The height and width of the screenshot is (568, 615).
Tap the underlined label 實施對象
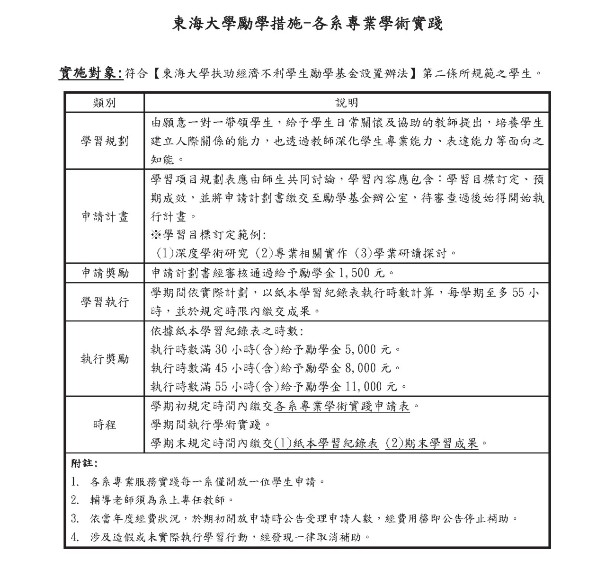pyautogui.click(x=90, y=74)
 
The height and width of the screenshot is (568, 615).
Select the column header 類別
pyautogui.click(x=104, y=103)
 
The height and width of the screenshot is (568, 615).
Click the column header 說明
pyautogui.click(x=347, y=103)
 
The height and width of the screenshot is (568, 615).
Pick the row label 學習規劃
pyautogui.click(x=104, y=141)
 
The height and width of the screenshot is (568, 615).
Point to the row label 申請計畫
pyautogui.click(x=104, y=217)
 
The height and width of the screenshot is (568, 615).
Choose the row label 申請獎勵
pyautogui.click(x=104, y=273)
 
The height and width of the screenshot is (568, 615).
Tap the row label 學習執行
pyautogui.click(x=104, y=302)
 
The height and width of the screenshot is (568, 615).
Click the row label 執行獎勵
pyautogui.click(x=104, y=359)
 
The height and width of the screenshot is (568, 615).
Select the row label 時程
pyautogui.click(x=104, y=425)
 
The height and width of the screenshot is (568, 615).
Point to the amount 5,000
pyautogui.click(x=361, y=349)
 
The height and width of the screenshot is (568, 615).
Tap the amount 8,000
pyautogui.click(x=361, y=368)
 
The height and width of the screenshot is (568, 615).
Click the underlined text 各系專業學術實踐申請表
pyautogui.click(x=341, y=406)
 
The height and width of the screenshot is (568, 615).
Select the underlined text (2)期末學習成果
pyautogui.click(x=431, y=444)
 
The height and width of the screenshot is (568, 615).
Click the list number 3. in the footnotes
pyautogui.click(x=75, y=519)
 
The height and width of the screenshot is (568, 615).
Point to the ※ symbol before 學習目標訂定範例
pyautogui.click(x=156, y=235)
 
